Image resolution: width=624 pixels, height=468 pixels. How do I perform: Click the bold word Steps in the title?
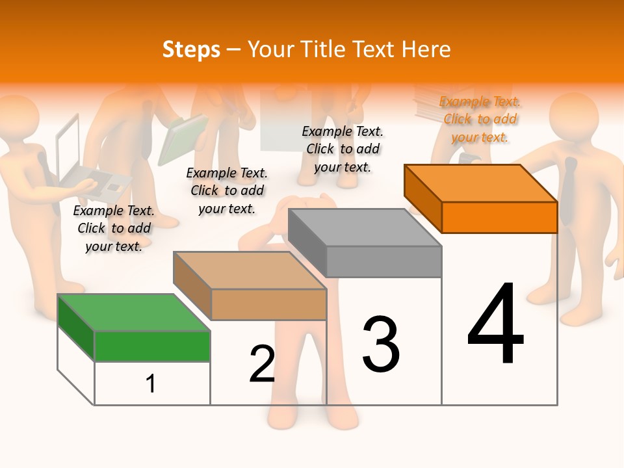[x=191, y=49]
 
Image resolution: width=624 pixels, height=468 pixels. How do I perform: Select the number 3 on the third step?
[x=381, y=344]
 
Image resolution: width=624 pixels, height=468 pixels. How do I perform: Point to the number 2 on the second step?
[x=263, y=364]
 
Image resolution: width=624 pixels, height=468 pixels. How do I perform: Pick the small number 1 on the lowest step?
[x=151, y=384]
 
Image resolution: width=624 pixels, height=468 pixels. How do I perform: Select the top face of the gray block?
[x=365, y=227]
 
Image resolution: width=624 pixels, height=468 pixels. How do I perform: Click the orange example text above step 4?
[x=480, y=119]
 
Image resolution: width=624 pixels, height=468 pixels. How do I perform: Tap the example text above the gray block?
[x=343, y=149]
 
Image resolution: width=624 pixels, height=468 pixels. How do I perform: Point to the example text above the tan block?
[x=227, y=190]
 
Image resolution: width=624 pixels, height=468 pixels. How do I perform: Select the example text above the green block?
[x=114, y=228]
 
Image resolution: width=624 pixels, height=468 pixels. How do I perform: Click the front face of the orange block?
[x=499, y=217]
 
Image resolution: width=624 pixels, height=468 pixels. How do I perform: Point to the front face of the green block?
[x=152, y=346]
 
